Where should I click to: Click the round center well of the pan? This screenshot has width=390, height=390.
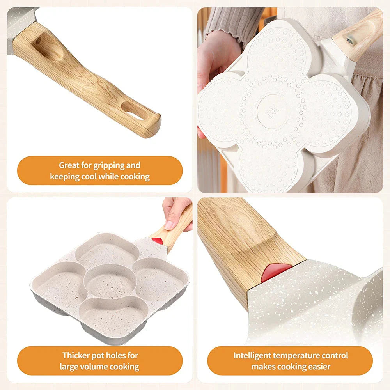click(110, 281)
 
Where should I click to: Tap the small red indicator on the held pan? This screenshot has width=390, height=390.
click(158, 241)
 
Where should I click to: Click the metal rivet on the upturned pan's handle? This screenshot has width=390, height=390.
click(350, 41)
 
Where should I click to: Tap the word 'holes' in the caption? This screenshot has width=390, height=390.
click(114, 355)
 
